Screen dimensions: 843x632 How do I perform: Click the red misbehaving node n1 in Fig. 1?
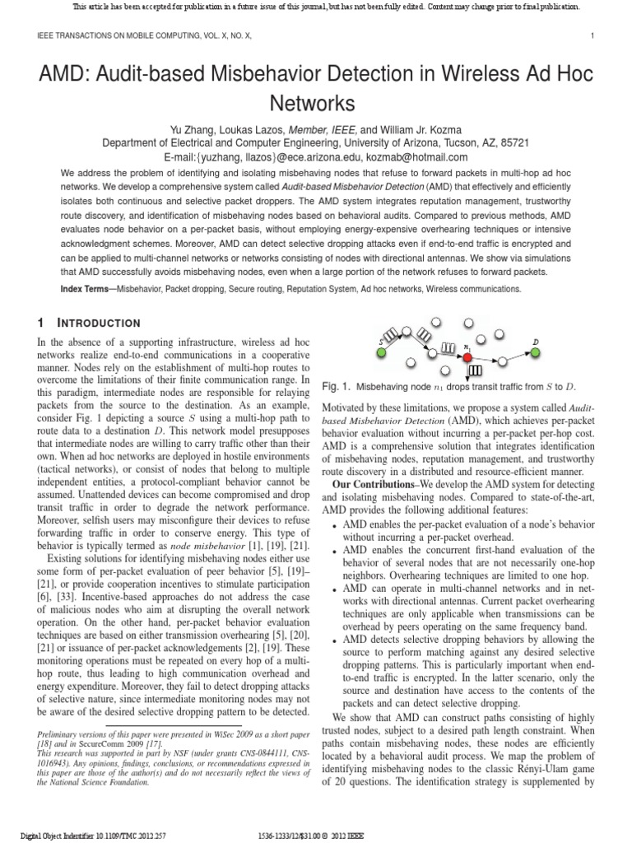[x=467, y=357]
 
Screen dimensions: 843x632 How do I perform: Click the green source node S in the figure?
[x=381, y=353]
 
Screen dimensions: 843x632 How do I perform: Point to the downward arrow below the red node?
[x=467, y=370]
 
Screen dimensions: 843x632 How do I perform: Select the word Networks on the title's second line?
[x=315, y=105]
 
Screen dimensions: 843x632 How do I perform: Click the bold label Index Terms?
[x=89, y=289]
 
